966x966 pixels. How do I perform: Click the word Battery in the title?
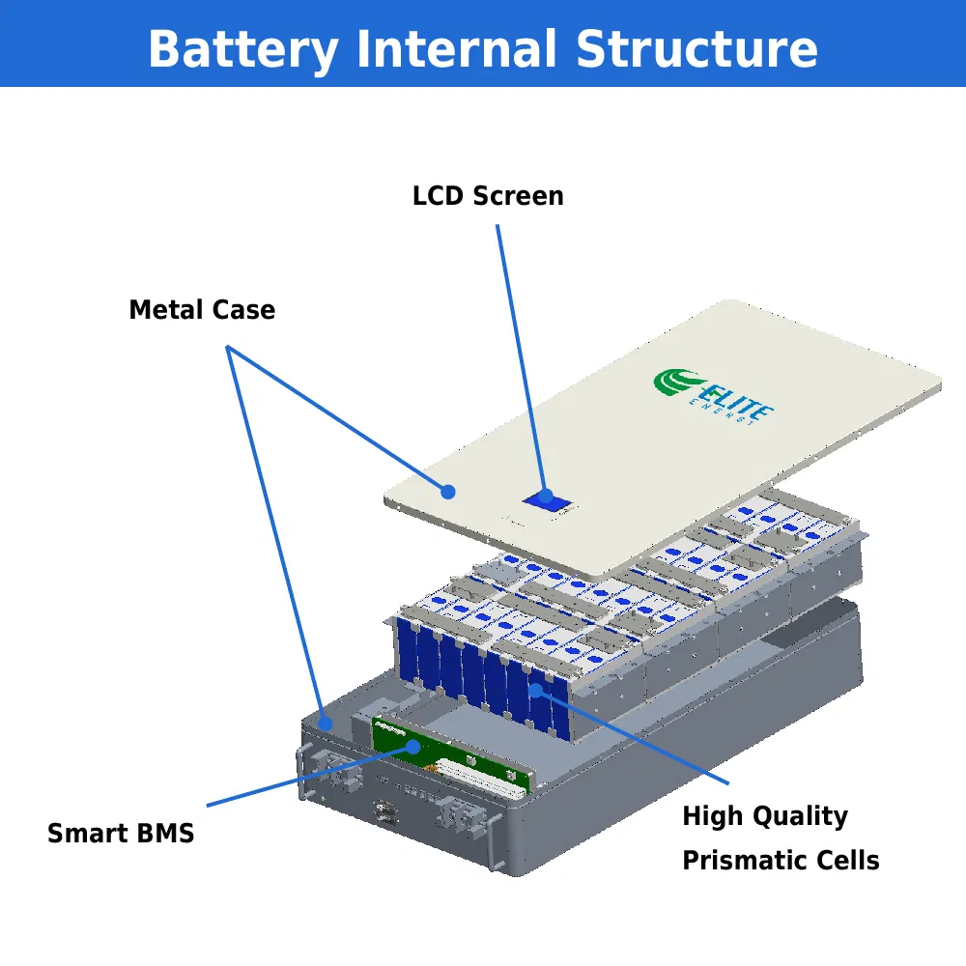click(x=242, y=48)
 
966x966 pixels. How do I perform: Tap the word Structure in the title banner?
click(x=696, y=48)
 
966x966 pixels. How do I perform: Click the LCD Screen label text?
click(x=488, y=196)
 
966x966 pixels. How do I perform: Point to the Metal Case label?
click(x=202, y=310)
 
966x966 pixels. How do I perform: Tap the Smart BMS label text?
click(x=121, y=833)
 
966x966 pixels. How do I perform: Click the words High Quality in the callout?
click(x=764, y=816)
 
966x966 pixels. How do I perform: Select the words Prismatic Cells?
click(x=781, y=860)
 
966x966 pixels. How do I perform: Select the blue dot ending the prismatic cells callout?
click(x=536, y=690)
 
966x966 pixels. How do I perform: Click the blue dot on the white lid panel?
click(x=448, y=492)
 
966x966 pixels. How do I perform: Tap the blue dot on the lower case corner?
click(x=327, y=722)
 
